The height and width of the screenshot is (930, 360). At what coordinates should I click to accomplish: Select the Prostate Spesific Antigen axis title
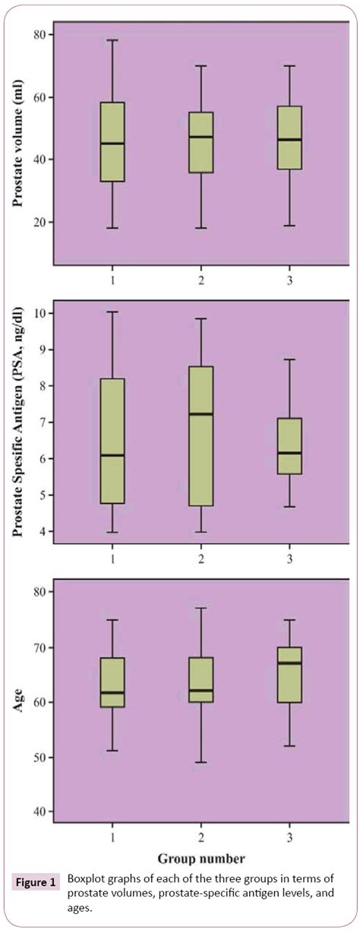17,421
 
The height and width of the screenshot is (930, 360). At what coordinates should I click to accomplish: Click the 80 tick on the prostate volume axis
39,35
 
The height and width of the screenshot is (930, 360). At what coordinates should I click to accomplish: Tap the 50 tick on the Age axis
39,758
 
